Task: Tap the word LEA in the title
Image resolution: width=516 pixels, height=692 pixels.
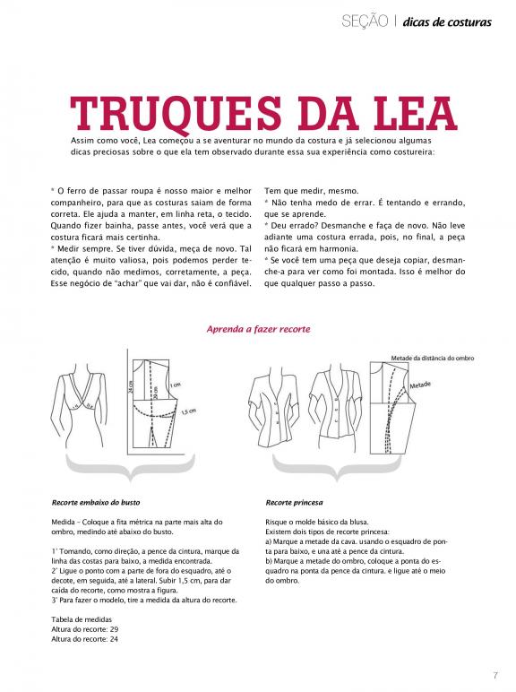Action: coord(414,113)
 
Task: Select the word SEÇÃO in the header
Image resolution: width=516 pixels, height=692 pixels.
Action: coord(365,22)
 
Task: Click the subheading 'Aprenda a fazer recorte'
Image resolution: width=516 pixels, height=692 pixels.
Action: coord(258,329)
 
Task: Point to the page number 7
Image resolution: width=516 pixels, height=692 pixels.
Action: coord(495,676)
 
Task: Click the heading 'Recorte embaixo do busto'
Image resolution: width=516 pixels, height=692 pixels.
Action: coord(96,502)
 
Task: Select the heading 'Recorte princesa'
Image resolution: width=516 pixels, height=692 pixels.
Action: coord(294,502)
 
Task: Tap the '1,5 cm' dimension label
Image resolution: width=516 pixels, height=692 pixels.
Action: coord(189,411)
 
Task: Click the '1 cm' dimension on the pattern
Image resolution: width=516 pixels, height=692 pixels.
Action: coord(175,385)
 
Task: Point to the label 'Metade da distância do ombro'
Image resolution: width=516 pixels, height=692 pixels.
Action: coord(432,359)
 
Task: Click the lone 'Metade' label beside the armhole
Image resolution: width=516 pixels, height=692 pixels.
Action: coord(420,385)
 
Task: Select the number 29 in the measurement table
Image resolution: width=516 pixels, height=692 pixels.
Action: coord(114,629)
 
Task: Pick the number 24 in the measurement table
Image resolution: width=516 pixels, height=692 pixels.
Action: coord(114,639)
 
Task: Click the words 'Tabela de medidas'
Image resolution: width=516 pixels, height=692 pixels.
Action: coord(82,619)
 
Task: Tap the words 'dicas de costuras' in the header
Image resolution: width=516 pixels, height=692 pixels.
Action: coord(447,22)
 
